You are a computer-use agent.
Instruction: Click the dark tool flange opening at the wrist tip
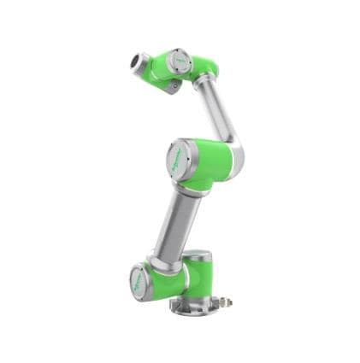135,61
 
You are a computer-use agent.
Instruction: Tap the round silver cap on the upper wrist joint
179,61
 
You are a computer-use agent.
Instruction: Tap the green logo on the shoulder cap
139,281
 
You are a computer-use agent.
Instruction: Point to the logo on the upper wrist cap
178,61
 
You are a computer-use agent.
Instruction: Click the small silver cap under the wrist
174,85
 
